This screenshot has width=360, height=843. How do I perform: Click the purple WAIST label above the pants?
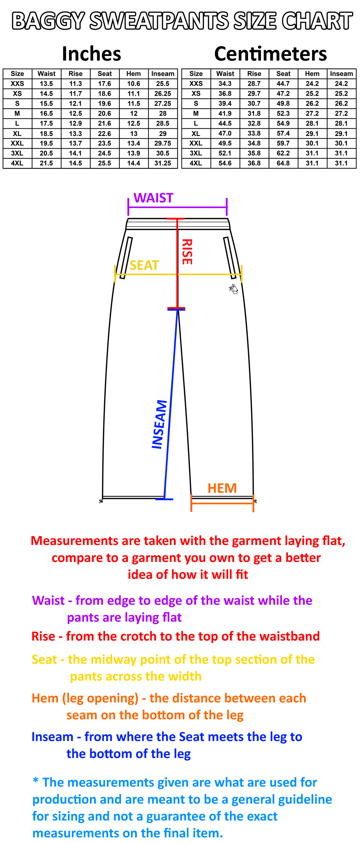tap(153, 198)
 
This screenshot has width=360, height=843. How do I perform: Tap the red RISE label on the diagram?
tap(187, 252)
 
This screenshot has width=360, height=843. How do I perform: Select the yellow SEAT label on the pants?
tap(144, 265)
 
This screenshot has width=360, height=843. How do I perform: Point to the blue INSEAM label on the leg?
tap(159, 424)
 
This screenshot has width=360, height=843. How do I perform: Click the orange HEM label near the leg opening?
tap(222, 488)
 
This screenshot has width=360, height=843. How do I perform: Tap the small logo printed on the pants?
tap(233, 289)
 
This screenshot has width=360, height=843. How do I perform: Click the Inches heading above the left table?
tap(92, 54)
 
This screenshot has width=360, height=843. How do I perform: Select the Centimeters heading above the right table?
tap(271, 54)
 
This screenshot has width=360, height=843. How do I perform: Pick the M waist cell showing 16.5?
tap(46, 114)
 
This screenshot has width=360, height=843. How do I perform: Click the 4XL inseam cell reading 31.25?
tap(163, 163)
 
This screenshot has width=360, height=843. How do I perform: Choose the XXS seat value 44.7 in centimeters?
tap(283, 84)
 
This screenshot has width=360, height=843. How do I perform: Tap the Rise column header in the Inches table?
tap(76, 74)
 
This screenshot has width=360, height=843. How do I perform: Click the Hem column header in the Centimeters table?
tap(312, 74)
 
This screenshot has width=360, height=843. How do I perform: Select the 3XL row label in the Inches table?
tap(17, 153)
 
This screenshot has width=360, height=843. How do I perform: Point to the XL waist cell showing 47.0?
tap(225, 133)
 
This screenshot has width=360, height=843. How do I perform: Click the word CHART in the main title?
tap(317, 21)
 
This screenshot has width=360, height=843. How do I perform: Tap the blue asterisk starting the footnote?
tap(36, 781)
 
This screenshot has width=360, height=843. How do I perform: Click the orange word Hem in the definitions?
tap(45, 698)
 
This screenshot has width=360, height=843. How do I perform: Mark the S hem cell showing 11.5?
tap(134, 104)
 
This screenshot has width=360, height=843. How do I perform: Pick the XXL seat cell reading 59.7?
tap(283, 143)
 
